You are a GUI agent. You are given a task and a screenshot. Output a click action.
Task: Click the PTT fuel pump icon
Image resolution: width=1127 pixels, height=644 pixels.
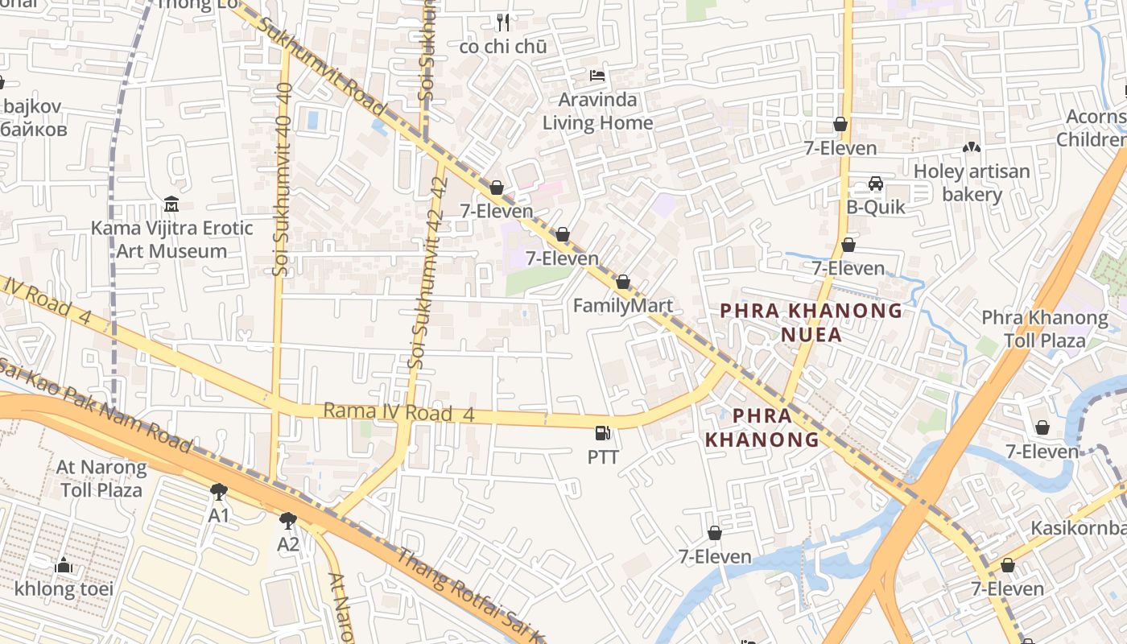[x=602, y=433]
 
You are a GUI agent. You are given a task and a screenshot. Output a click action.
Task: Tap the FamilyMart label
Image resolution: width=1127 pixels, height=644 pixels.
[x=622, y=306]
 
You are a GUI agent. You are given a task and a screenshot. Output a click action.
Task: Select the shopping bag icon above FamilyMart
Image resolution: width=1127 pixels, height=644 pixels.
[x=622, y=283]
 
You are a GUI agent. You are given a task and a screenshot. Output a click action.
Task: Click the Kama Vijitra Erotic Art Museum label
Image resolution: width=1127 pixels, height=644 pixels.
[x=171, y=240]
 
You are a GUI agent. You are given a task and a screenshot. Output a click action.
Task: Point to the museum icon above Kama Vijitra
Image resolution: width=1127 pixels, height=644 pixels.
[x=171, y=204]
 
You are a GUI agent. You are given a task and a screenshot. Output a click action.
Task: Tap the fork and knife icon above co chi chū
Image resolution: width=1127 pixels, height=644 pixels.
[x=503, y=22]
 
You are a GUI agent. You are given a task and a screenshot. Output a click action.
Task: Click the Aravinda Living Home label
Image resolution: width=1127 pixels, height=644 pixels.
[x=597, y=111]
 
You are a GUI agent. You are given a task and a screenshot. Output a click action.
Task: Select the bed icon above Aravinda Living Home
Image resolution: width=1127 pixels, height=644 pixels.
[x=597, y=76]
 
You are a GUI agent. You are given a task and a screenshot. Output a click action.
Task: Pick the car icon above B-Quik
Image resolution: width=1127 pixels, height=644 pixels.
[x=876, y=184]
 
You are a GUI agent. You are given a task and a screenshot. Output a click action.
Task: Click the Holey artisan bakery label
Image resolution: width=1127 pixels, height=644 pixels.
[x=972, y=183]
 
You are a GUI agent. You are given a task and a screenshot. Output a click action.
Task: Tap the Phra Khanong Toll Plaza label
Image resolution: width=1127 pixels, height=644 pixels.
[x=1045, y=329]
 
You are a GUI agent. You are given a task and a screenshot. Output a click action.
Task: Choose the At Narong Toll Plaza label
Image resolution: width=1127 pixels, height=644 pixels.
[x=101, y=478]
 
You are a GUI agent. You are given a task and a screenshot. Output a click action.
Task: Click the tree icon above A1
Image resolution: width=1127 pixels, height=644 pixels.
[x=218, y=491]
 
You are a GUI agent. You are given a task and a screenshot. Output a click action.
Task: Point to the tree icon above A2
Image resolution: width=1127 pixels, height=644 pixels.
[x=287, y=520]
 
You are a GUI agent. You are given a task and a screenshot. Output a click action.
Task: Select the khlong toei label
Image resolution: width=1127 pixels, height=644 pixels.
[x=64, y=589]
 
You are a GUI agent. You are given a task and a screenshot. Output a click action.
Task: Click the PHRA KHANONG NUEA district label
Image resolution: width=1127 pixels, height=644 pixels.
[x=811, y=322]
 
